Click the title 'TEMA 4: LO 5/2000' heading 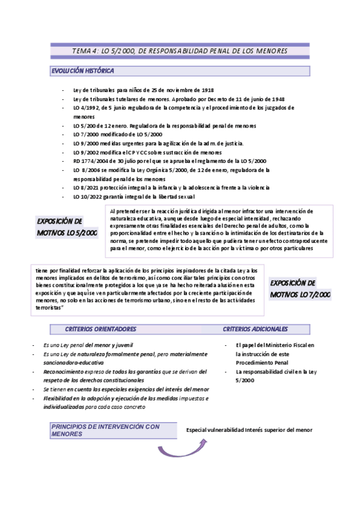coord(180,51)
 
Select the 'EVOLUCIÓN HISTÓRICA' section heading coord(83,71)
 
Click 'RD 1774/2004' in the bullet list coord(91,161)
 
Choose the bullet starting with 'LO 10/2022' coord(142,197)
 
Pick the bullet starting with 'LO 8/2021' coord(171,188)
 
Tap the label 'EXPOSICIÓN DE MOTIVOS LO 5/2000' coord(67,226)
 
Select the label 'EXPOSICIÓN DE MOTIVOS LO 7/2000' coord(300,288)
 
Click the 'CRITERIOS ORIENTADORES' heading coord(101,329)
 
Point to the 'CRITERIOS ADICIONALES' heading coord(255,329)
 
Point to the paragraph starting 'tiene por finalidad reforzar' coord(147,289)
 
